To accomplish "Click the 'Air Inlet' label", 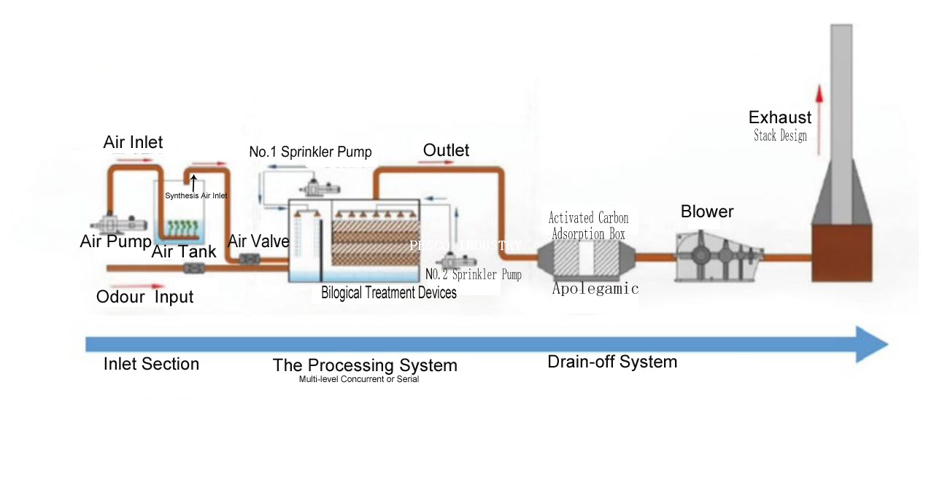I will click(133, 141).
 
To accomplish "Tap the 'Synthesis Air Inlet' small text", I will click(196, 195).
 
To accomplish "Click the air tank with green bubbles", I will click(179, 227).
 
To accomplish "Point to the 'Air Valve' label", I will click(258, 241).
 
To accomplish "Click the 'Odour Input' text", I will click(144, 297).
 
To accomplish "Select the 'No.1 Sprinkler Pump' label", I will click(310, 152).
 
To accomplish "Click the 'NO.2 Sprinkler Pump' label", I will click(474, 275).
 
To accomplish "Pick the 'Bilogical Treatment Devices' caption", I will click(388, 293).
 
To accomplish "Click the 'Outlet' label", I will click(446, 150).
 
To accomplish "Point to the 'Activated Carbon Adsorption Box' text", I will click(588, 226).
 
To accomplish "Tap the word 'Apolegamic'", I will click(595, 289).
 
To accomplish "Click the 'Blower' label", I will click(706, 211).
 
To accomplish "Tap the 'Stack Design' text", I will click(780, 136).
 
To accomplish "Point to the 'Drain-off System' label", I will click(612, 362).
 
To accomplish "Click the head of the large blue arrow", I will click(871, 344).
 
